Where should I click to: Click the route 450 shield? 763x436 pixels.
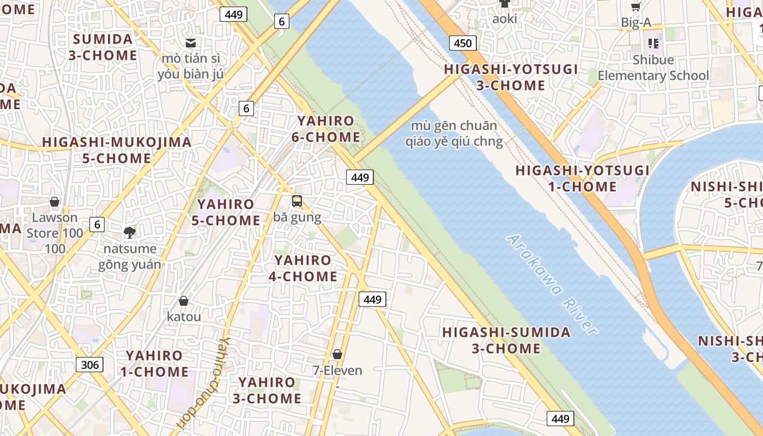click(x=463, y=43)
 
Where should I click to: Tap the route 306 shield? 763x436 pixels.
click(x=89, y=365)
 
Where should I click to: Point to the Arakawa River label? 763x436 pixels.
click(x=552, y=284)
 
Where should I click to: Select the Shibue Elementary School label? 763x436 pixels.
click(x=653, y=68)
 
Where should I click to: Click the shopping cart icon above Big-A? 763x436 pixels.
click(x=635, y=7)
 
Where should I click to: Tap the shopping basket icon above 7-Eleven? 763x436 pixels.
click(x=337, y=354)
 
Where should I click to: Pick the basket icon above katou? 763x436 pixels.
click(x=184, y=301)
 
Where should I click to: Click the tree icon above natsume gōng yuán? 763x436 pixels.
click(x=130, y=233)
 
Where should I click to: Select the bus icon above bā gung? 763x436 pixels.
click(x=297, y=201)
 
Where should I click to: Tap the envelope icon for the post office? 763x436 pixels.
click(x=191, y=43)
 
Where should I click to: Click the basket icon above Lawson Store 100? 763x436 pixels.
click(x=55, y=202)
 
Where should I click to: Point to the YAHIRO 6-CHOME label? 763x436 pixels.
click(x=326, y=129)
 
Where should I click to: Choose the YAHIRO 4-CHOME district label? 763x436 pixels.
click(x=303, y=268)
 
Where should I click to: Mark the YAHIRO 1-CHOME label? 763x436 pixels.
click(x=155, y=364)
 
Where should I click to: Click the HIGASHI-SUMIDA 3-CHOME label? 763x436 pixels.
click(x=506, y=340)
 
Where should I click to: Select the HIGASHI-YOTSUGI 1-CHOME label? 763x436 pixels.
click(x=583, y=179)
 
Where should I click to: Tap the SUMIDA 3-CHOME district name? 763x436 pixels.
click(x=104, y=47)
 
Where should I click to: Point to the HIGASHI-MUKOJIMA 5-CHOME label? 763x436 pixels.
click(x=117, y=150)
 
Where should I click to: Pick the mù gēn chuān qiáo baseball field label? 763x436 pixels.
click(x=454, y=134)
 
